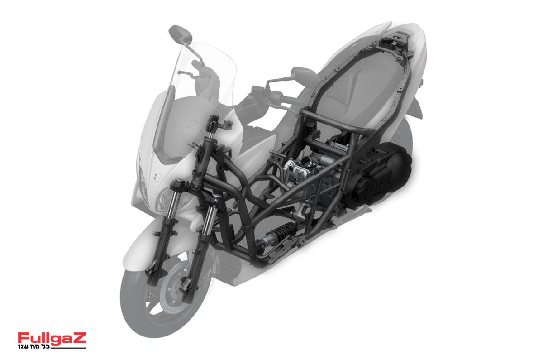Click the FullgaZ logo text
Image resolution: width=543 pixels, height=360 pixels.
[x=52, y=338]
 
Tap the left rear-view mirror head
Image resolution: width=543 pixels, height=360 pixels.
[x=181, y=34]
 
